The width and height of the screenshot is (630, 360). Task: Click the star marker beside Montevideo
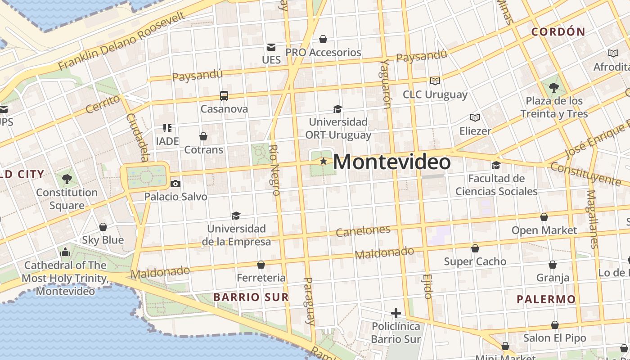tap(323, 161)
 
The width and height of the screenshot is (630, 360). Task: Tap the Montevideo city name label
tap(391, 162)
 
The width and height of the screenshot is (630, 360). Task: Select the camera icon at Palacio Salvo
tap(175, 184)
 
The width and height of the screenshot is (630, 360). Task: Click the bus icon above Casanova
tap(224, 95)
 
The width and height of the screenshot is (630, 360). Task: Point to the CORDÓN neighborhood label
tap(558, 32)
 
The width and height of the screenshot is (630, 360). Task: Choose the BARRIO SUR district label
tap(251, 297)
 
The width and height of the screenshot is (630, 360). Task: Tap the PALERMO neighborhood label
tap(546, 299)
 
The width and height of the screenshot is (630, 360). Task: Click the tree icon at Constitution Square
tap(67, 179)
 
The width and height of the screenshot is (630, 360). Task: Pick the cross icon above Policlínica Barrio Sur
tap(396, 313)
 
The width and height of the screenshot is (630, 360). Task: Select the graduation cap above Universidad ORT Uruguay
tap(337, 109)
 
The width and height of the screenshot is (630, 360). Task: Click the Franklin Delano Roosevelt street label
tap(121, 41)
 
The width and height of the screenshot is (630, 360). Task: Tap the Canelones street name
tap(363, 231)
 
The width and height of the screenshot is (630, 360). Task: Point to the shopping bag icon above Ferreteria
tap(261, 265)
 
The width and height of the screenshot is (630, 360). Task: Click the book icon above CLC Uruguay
tap(435, 81)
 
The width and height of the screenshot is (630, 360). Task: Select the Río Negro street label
tap(274, 170)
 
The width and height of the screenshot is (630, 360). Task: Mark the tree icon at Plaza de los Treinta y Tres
tap(553, 88)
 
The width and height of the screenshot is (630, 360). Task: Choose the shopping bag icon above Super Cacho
tap(475, 248)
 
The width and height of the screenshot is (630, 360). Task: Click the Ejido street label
tap(427, 286)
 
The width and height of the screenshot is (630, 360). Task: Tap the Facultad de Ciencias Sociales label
tap(496, 185)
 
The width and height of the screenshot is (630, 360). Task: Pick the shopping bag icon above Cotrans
tap(203, 136)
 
